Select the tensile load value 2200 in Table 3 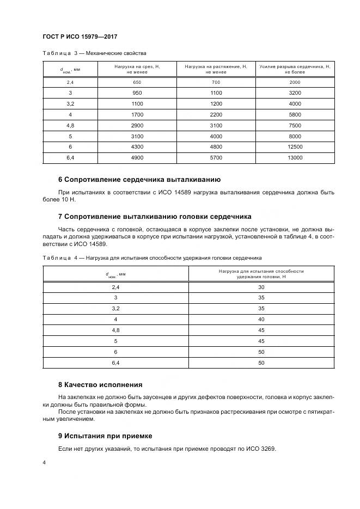216,114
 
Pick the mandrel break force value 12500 295,146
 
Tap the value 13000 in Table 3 295,157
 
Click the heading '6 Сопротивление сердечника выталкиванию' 139,180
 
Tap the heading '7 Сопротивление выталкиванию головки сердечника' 154,216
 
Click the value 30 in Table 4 261,287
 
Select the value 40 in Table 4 261,319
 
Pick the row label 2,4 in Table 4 115,287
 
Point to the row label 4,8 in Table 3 70,125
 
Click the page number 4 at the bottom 44,462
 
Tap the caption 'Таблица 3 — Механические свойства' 95,53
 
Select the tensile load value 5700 216,157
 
